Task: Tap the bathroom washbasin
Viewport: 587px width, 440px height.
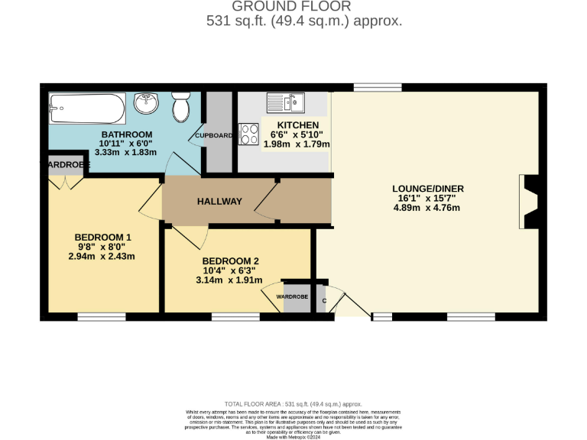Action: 145,102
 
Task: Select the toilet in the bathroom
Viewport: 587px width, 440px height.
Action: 181,108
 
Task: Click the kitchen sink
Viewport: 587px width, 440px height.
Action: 285,102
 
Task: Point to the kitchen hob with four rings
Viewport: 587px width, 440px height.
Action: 250,134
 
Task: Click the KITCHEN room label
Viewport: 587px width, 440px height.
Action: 297,125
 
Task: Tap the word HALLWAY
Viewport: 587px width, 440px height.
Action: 219,202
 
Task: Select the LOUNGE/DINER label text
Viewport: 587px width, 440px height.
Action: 428,189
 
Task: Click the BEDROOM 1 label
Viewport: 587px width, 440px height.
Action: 102,238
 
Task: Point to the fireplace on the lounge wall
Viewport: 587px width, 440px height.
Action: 526,199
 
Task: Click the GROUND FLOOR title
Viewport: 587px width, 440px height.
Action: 303,6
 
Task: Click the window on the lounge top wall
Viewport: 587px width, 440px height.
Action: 378,87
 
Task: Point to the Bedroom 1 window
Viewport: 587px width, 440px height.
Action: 102,316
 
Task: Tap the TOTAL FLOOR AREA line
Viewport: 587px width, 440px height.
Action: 293,403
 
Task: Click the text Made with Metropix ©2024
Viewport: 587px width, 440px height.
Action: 293,436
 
